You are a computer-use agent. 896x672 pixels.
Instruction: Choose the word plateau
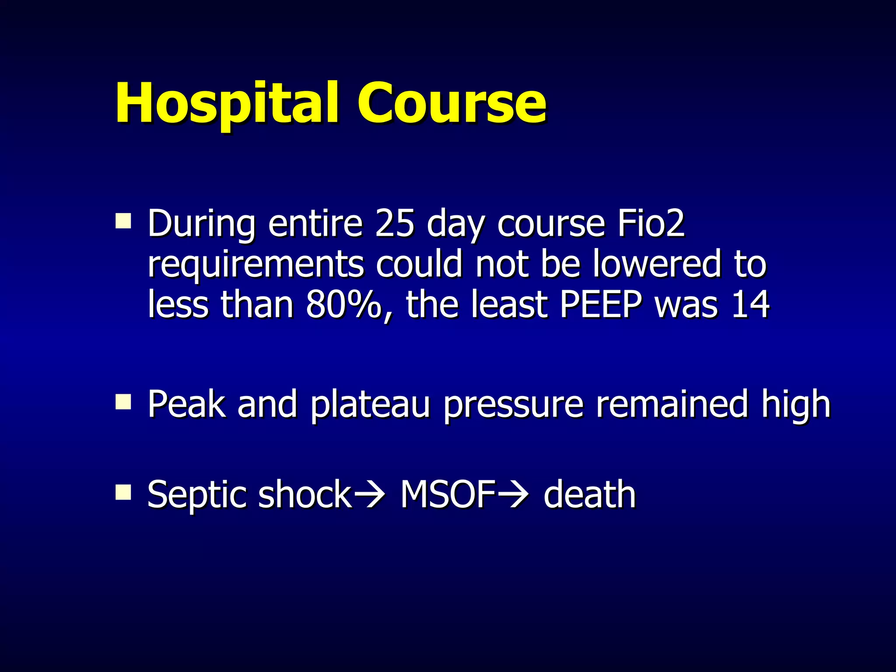[370, 405]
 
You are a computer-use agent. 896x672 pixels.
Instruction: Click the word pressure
[513, 405]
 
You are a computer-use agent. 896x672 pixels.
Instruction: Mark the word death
[589, 494]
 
